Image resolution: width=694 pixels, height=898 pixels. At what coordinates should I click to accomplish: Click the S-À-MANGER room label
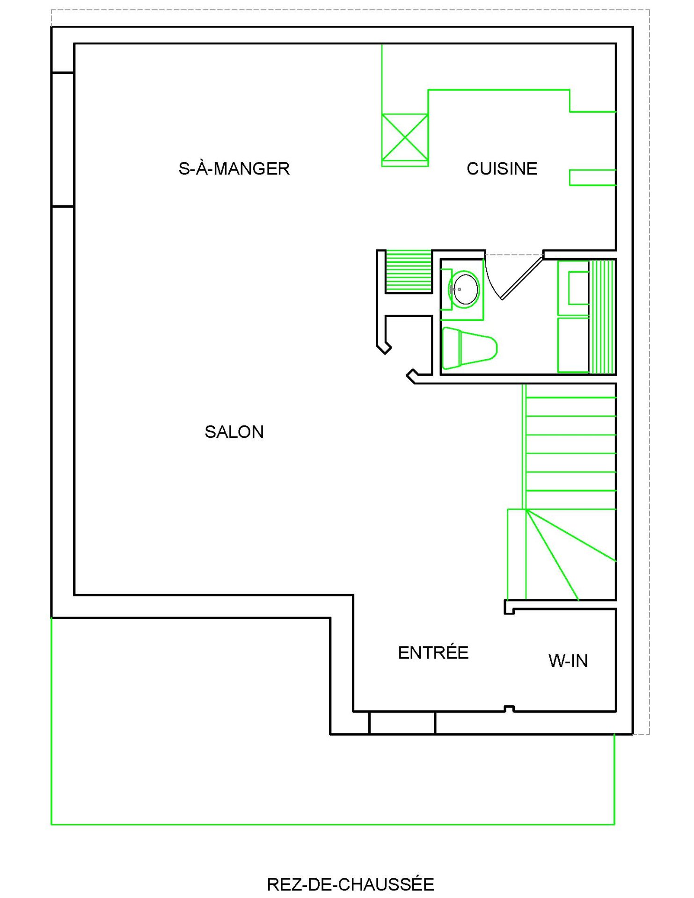click(x=234, y=168)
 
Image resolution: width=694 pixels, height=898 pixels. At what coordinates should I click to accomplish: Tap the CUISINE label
click(x=502, y=169)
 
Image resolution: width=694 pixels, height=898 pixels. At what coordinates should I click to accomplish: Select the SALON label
click(x=234, y=432)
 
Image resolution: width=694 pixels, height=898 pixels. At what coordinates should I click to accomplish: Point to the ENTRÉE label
click(x=433, y=652)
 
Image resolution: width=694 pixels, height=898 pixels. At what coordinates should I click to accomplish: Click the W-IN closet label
click(x=568, y=661)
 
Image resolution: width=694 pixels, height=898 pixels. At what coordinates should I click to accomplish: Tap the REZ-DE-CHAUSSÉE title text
click(x=351, y=884)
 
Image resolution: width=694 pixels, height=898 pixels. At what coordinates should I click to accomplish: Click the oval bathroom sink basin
click(x=465, y=289)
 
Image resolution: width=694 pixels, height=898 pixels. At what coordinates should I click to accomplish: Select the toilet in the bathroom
click(x=469, y=348)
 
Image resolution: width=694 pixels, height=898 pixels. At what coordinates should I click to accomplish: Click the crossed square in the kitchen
click(x=405, y=138)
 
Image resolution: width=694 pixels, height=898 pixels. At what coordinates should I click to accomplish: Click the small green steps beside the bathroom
click(x=408, y=271)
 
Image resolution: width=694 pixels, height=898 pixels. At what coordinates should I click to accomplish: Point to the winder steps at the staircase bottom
click(x=562, y=554)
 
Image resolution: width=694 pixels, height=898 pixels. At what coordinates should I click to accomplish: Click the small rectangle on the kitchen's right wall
click(x=592, y=178)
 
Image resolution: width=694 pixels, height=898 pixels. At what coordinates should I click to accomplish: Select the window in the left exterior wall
click(x=63, y=139)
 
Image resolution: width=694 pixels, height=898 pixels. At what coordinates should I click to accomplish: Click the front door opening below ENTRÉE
click(x=402, y=723)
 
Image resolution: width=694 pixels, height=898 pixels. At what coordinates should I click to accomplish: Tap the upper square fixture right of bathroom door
click(x=573, y=288)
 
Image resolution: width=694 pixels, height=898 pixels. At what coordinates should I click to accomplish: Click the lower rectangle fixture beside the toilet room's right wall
click(x=573, y=345)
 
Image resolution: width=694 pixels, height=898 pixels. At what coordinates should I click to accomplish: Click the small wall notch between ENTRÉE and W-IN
click(x=509, y=709)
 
